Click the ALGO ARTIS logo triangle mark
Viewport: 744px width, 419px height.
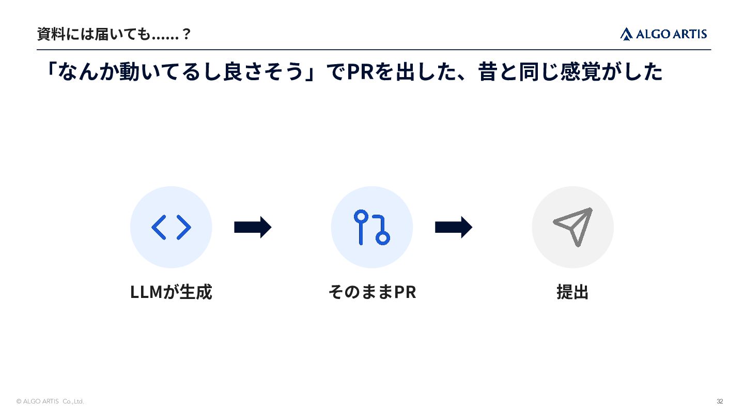626,34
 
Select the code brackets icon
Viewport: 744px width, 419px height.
171,228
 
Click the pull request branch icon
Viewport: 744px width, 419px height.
371,228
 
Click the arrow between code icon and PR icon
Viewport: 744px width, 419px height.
253,228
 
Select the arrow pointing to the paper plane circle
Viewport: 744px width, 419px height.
454,228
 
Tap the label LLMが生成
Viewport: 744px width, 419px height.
171,292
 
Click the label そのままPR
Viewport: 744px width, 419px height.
372,292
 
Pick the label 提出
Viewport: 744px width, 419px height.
572,292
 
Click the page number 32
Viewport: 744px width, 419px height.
720,401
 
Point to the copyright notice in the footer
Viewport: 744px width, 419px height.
50,401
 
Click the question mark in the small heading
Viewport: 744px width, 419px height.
187,34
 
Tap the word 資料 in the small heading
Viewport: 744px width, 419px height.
51,34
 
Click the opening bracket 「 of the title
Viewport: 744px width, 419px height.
52,69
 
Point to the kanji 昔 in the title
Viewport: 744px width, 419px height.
488,71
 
